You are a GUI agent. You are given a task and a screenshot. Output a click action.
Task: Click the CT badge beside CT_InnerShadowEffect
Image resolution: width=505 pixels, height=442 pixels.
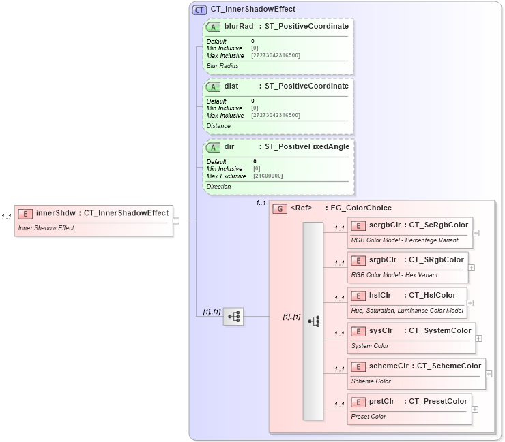(199, 10)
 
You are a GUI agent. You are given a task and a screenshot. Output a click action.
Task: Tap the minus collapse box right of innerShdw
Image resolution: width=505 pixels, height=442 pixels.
(176, 221)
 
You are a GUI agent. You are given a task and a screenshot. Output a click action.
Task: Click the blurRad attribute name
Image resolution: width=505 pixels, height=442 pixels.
(239, 27)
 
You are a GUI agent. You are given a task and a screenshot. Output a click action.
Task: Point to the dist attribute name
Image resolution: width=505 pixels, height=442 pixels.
(231, 86)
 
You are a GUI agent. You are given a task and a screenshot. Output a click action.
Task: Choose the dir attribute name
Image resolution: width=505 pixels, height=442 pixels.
(229, 146)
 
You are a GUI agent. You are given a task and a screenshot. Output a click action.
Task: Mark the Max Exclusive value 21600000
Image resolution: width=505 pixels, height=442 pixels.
(268, 176)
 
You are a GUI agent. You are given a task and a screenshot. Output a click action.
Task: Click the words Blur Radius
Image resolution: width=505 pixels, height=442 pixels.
(222, 66)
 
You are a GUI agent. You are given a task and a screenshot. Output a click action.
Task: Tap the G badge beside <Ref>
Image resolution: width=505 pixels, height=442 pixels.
(279, 208)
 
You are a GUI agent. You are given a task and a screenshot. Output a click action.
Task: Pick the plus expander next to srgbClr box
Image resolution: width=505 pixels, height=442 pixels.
(472, 268)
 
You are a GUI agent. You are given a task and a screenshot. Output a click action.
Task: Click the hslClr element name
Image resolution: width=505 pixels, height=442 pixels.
(380, 296)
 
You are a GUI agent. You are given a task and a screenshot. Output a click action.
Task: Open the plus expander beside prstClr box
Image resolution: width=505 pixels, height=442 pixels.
(475, 409)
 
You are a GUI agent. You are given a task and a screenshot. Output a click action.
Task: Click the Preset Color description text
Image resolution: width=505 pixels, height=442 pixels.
(369, 417)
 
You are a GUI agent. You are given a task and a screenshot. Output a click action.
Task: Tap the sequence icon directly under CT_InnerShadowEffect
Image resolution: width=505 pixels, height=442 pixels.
(233, 316)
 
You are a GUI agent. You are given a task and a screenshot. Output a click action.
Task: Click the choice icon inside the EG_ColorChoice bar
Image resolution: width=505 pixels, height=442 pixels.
(313, 321)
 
